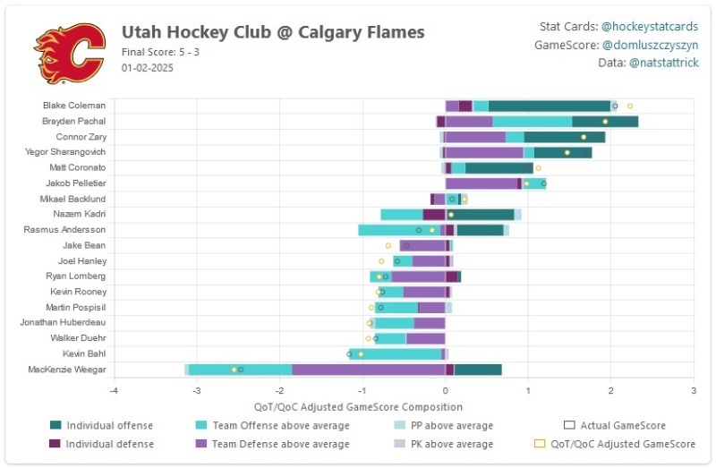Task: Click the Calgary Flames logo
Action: [x=70, y=54]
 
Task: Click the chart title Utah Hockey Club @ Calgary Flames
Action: [x=273, y=32]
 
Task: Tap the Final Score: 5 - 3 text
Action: [x=160, y=52]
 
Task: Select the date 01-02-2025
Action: [x=147, y=68]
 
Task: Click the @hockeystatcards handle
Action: [x=650, y=27]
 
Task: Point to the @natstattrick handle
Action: [x=663, y=63]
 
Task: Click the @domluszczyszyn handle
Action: [x=651, y=45]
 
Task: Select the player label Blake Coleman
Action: [x=74, y=106]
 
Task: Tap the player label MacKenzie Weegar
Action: [x=66, y=370]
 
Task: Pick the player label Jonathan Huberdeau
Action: [x=63, y=322]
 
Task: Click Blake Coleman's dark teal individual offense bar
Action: [x=550, y=106]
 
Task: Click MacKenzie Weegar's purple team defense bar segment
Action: [x=369, y=370]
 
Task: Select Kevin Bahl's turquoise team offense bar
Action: [x=396, y=353]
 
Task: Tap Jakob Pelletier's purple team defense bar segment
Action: [x=482, y=183]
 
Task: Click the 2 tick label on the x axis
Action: [x=611, y=391]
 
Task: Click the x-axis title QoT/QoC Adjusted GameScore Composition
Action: [x=358, y=407]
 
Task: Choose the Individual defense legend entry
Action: [x=101, y=444]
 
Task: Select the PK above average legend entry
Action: [x=443, y=444]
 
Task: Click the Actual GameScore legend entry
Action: [x=615, y=426]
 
